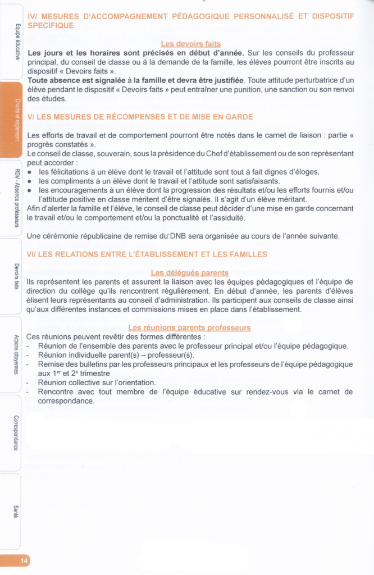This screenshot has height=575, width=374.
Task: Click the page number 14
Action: pos(24,560)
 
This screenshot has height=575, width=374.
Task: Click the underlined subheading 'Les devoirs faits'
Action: pos(190,44)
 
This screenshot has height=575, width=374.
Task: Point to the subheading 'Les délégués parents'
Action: pos(190,273)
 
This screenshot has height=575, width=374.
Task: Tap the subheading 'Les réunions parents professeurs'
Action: pos(189,328)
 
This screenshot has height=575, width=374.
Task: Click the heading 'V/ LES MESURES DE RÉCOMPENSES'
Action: pos(140,117)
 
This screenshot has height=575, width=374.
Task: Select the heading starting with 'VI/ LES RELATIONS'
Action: pos(147,254)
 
